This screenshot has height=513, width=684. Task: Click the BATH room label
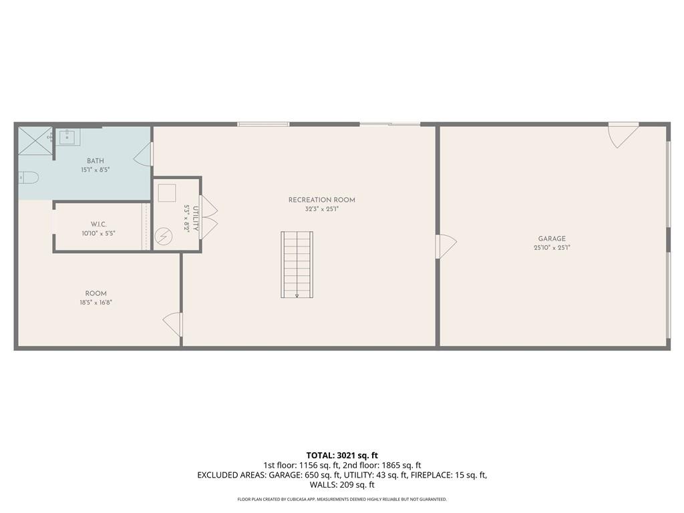95,161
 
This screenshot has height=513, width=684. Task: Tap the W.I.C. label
99,224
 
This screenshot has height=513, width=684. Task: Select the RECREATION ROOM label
322,200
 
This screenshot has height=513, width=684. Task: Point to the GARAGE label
552,238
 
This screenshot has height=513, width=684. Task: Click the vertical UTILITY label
196,218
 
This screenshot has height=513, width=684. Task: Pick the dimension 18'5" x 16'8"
96,302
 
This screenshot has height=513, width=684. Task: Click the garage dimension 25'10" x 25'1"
552,247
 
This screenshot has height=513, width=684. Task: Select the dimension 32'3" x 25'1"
322,209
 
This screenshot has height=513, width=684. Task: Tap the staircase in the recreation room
297,265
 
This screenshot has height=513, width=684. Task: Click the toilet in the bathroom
29,178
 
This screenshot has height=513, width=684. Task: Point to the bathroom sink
67,137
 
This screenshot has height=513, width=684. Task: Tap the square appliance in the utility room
166,193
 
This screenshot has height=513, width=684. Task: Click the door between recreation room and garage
446,246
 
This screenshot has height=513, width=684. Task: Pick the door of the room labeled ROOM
172,325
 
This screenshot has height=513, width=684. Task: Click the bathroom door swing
143,154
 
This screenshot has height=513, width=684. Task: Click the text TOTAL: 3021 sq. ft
342,456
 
